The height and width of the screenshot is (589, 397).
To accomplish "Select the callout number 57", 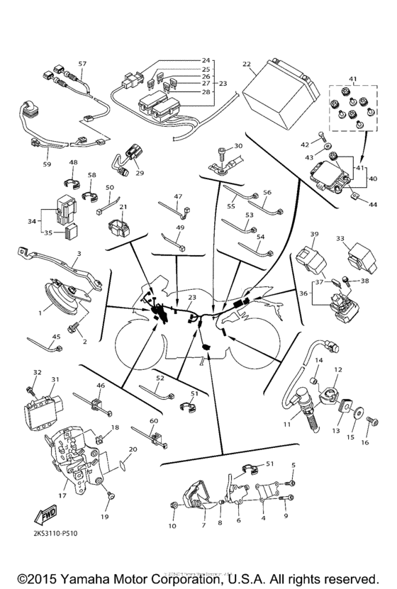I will [82, 64].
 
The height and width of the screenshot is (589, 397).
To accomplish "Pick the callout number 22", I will [246, 64].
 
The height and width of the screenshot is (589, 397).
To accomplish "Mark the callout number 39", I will [315, 234].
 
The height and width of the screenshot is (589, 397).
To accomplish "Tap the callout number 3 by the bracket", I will [79, 253].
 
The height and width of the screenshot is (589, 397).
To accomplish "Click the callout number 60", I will [153, 421].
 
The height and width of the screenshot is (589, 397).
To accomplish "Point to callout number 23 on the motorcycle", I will [191, 298].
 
